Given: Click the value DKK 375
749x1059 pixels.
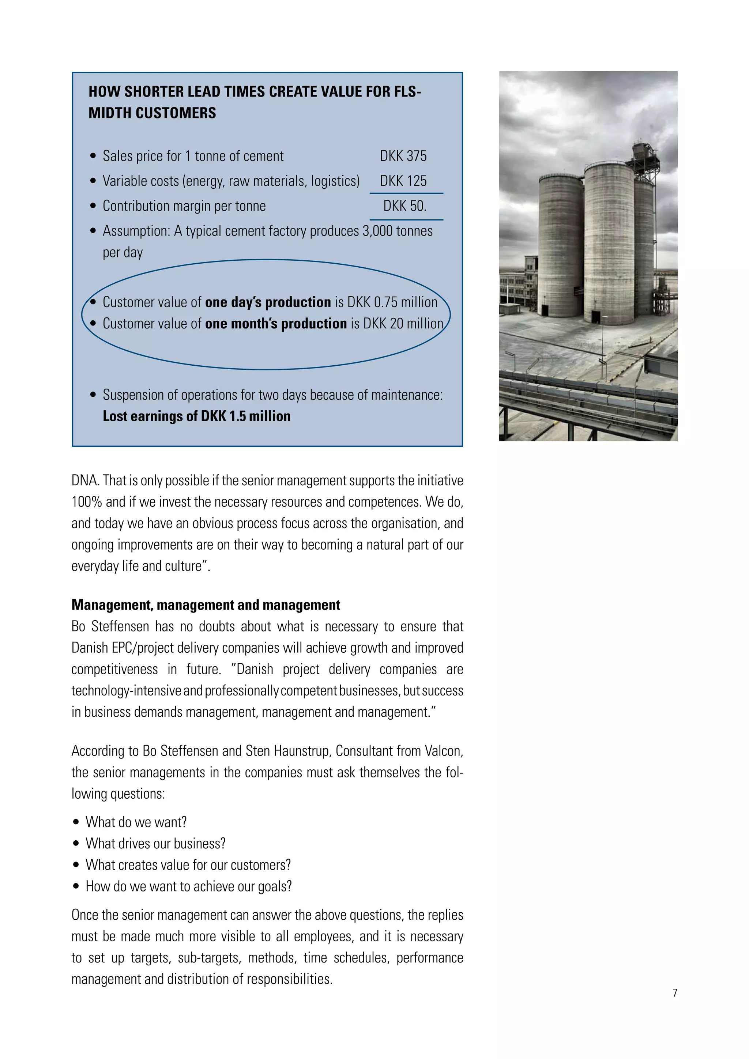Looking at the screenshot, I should pyautogui.click(x=403, y=157).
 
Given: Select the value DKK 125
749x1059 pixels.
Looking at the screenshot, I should pyautogui.click(x=403, y=181).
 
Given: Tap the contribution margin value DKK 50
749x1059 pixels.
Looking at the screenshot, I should pyautogui.click(x=405, y=206).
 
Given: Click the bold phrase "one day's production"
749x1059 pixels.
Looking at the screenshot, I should pyautogui.click(x=268, y=302).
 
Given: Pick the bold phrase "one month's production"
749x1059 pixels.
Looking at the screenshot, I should pyautogui.click(x=276, y=324).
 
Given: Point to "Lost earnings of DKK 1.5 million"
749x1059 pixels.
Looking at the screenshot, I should pyautogui.click(x=196, y=417).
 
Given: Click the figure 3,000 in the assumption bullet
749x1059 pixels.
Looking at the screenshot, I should pyautogui.click(x=377, y=231).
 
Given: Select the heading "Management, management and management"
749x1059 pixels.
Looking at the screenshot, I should pyautogui.click(x=206, y=605).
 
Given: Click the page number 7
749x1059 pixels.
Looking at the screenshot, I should pyautogui.click(x=675, y=993).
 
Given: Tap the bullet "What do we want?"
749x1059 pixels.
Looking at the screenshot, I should pyautogui.click(x=136, y=822).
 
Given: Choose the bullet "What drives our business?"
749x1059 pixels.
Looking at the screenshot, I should pyautogui.click(x=155, y=844).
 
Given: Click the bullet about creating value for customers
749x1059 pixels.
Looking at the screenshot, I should pyautogui.click(x=188, y=865).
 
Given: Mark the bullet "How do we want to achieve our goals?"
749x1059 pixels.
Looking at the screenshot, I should pyautogui.click(x=189, y=886).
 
